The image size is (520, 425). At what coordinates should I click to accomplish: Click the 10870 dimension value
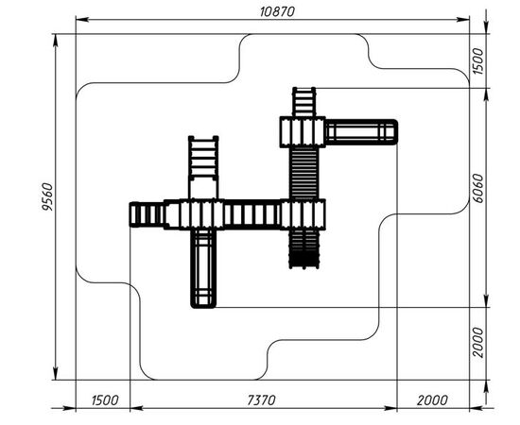[x=277, y=11]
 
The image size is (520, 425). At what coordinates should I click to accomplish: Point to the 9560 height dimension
[x=47, y=196]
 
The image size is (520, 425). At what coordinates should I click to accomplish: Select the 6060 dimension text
[x=477, y=188]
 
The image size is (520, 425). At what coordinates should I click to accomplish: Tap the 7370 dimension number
[x=261, y=400]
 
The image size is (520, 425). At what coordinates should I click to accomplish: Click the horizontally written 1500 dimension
[x=104, y=400]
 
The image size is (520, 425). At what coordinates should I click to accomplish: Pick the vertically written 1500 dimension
[x=477, y=61]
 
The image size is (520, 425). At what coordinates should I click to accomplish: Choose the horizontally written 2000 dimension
[x=432, y=400]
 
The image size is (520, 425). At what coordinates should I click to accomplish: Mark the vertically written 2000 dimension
[x=477, y=343]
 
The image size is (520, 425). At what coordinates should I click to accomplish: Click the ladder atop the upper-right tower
[x=303, y=102]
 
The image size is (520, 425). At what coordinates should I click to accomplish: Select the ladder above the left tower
[x=203, y=158]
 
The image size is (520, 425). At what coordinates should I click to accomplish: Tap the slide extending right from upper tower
[x=361, y=132]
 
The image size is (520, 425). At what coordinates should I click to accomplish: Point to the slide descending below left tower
[x=203, y=268]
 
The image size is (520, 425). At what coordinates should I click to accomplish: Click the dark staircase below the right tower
[x=304, y=249]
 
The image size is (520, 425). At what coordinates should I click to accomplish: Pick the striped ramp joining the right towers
[x=303, y=173]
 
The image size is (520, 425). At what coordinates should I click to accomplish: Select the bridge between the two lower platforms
[x=252, y=214]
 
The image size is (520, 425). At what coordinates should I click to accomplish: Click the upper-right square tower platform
[x=303, y=132]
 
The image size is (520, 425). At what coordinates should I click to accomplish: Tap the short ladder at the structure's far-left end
[x=147, y=214]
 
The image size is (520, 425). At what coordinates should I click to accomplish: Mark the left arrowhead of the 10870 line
[x=82, y=20]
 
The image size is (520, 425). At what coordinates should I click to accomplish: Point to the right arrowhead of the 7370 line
[x=390, y=408]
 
